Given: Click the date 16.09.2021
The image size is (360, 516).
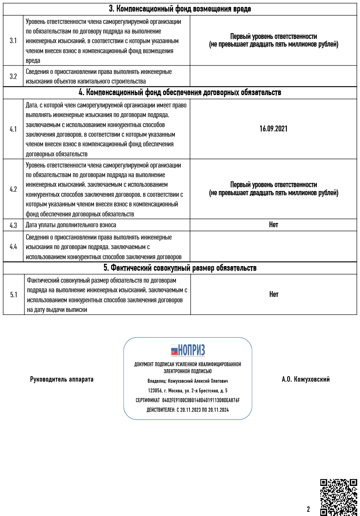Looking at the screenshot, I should pyautogui.click(x=273, y=129).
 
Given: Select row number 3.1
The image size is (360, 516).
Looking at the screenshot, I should pyautogui.click(x=13, y=40).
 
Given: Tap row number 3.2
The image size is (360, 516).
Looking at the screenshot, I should pyautogui.click(x=13, y=76).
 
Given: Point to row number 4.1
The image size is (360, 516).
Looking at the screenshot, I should pyautogui.click(x=13, y=129).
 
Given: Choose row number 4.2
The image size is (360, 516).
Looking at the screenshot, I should pyautogui.click(x=13, y=189).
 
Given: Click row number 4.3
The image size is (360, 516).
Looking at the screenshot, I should pyautogui.click(x=13, y=225).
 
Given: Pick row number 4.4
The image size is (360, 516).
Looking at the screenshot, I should pyautogui.click(x=13, y=247).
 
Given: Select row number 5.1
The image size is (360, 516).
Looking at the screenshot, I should pyautogui.click(x=14, y=295).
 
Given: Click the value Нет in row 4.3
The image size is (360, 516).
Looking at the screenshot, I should pyautogui.click(x=273, y=225).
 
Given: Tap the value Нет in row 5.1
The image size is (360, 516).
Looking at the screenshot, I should pyautogui.click(x=274, y=295).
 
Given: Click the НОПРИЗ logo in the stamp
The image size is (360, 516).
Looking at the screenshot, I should pyautogui.click(x=188, y=350).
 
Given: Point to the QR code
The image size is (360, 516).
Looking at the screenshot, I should pyautogui.click(x=339, y=497).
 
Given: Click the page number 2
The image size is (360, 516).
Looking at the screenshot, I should pyautogui.click(x=308, y=509).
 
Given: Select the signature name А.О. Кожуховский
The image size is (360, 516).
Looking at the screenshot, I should pyautogui.click(x=306, y=380).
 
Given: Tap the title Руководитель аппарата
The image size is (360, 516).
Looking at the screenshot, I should pyautogui.click(x=62, y=380).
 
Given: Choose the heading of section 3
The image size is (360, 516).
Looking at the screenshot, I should pyautogui.click(x=180, y=9).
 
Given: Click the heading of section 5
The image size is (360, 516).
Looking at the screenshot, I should pyautogui.click(x=180, y=268).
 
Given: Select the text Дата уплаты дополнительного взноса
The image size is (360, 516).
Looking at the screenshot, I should pyautogui.click(x=71, y=225).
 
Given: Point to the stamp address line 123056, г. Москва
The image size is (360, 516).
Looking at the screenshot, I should pyautogui.click(x=188, y=391).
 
